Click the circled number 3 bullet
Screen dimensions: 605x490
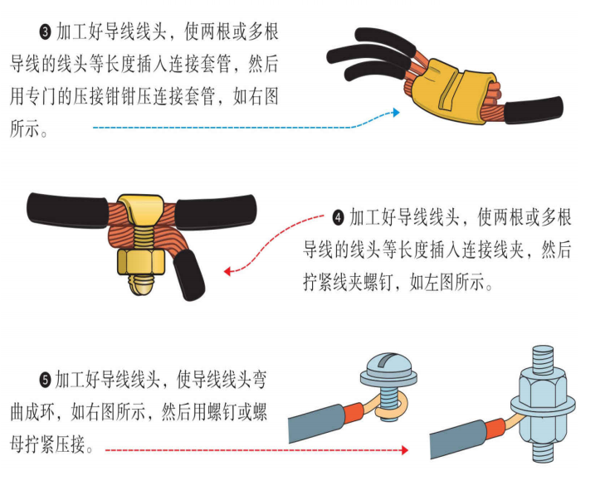[46, 32]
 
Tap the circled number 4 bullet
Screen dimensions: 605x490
[339, 218]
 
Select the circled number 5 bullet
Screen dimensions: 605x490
[45, 380]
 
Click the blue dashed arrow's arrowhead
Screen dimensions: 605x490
[395, 112]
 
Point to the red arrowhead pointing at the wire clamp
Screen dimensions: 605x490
[228, 271]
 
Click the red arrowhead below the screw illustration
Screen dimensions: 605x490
[404, 450]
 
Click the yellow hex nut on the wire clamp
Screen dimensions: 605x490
[141, 262]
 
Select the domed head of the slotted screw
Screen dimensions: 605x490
[388, 365]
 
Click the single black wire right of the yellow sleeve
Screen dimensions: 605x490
[534, 110]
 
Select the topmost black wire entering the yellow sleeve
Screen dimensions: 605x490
[385, 40]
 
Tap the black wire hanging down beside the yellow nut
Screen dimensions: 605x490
[188, 275]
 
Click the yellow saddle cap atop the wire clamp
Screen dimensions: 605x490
[141, 209]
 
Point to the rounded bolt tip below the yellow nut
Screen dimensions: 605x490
[141, 285]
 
